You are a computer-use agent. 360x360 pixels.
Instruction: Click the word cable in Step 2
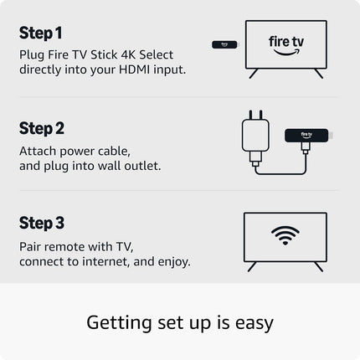pyautogui.click(x=113, y=151)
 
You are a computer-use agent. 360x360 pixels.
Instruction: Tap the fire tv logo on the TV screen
pyautogui.click(x=285, y=46)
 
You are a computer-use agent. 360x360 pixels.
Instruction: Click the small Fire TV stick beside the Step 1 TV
pyautogui.click(x=222, y=43)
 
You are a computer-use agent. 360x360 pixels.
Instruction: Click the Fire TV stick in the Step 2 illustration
pyautogui.click(x=305, y=134)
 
